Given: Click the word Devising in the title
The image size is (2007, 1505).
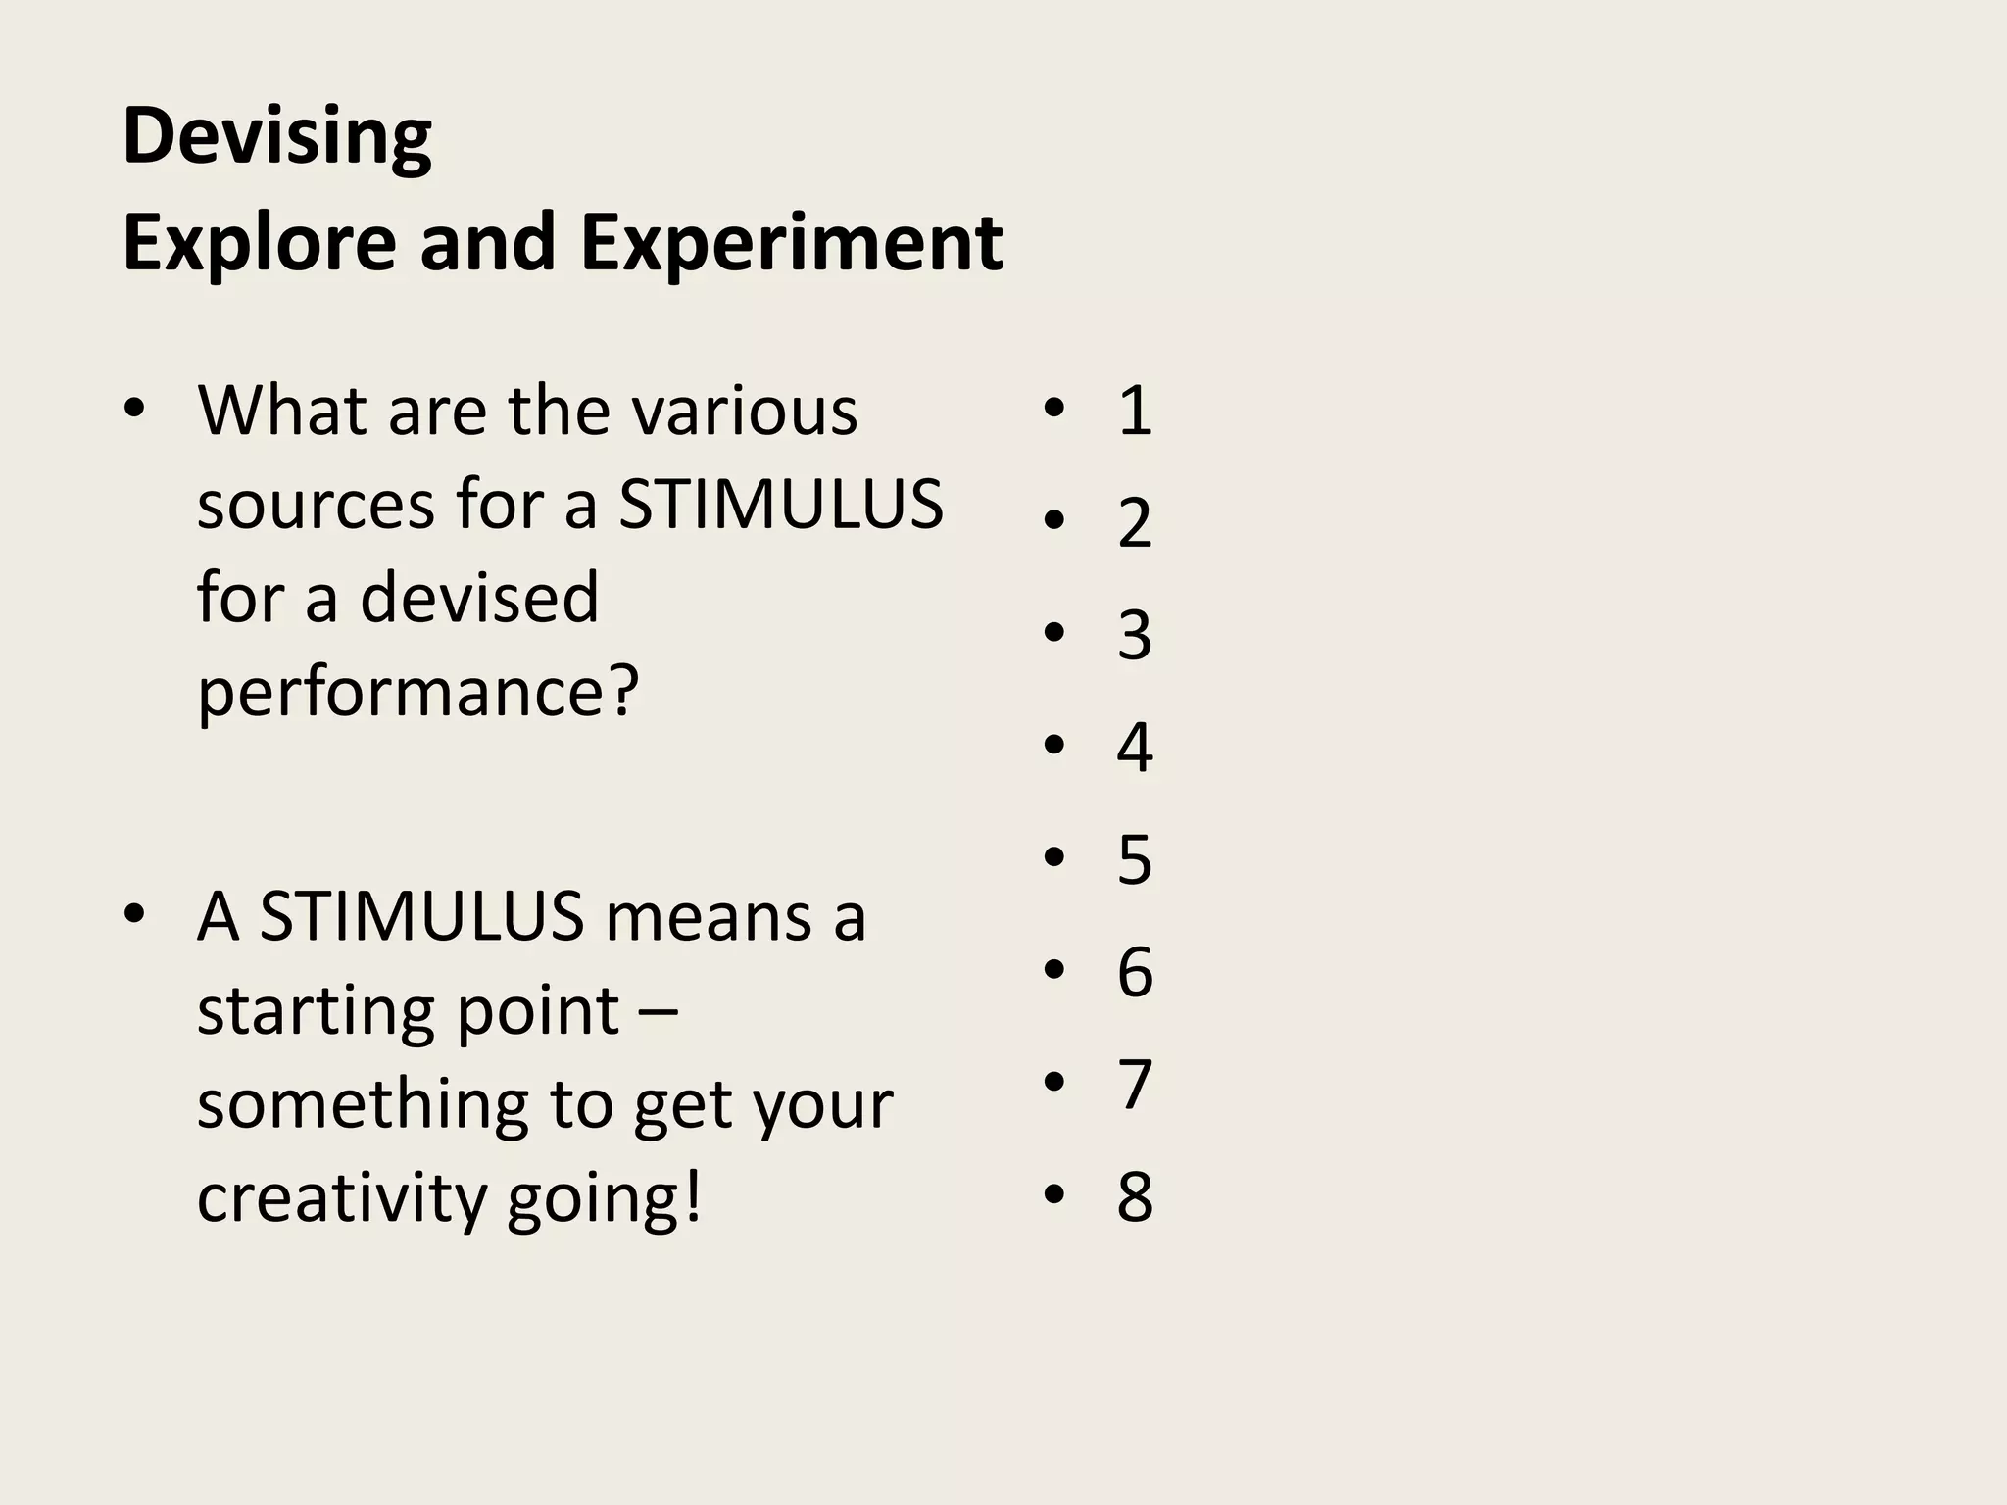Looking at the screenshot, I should point(277,137).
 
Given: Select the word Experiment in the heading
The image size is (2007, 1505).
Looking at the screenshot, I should point(791,243).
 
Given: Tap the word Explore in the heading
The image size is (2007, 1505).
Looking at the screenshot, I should point(259,243).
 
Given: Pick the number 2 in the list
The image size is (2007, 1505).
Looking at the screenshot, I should point(1134,522).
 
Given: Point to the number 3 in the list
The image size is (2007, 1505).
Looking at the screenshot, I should point(1134,635).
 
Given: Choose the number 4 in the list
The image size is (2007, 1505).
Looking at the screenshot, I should point(1134,748).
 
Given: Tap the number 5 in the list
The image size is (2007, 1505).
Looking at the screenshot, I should point(1134,860).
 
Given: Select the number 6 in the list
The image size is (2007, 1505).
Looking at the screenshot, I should point(1134,972).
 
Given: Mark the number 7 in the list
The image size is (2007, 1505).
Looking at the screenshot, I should point(1134,1085).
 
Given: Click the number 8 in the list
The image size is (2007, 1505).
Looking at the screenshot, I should point(1134,1196).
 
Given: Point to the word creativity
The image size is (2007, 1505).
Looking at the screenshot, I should point(341,1197).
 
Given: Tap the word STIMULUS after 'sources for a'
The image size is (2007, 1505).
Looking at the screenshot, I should point(781,505).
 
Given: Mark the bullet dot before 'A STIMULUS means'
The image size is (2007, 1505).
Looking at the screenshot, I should point(134,915).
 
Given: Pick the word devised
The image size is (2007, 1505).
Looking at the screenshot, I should point(479,598).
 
